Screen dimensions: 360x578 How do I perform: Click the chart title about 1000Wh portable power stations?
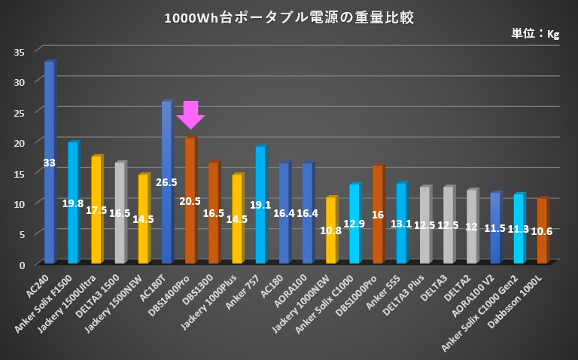pos(288,17)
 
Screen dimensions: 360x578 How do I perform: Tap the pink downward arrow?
pos(190,114)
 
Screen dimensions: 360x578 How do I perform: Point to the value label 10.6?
pos(542,231)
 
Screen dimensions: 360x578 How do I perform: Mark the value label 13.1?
pos(401,223)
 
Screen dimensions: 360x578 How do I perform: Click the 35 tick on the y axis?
pos(20,51)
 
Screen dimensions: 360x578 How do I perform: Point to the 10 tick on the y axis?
pos(20,203)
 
